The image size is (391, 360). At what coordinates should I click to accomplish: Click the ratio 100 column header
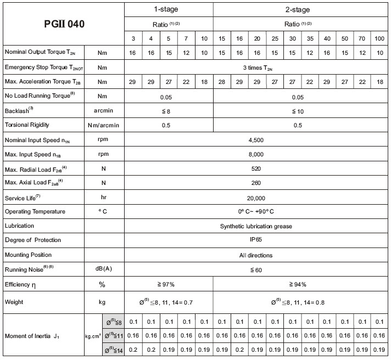[x=379, y=38]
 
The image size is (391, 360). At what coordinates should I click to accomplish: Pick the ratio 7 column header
[x=186, y=38]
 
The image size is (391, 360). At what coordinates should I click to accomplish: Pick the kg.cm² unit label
[x=93, y=335]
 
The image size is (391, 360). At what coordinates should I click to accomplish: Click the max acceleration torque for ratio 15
[x=221, y=81]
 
